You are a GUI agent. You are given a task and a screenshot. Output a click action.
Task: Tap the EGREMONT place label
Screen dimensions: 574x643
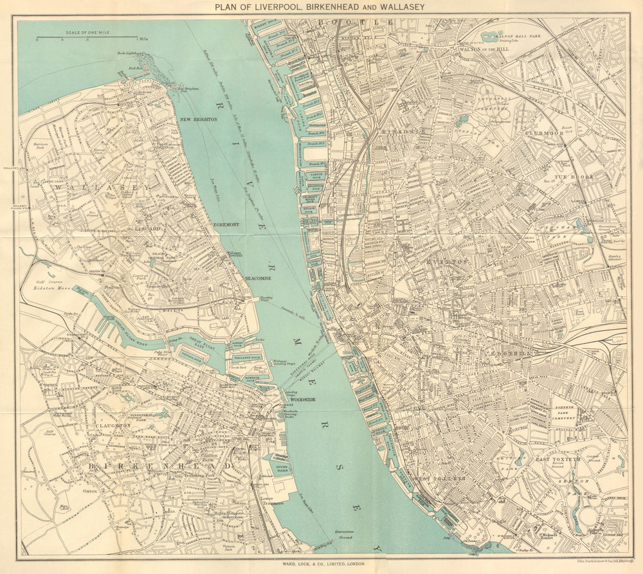(x=226, y=224)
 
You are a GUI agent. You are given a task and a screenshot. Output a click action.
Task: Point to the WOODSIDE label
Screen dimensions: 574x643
(x=302, y=399)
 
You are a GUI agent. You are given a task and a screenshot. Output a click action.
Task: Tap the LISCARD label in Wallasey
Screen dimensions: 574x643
(x=149, y=228)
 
